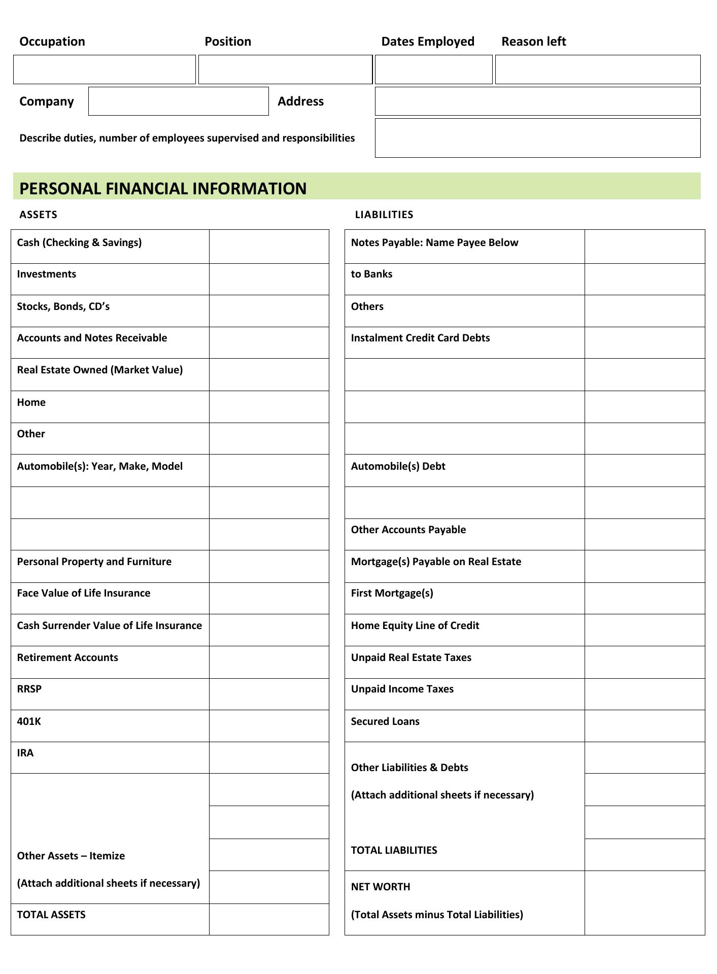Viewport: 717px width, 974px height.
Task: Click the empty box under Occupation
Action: [104, 69]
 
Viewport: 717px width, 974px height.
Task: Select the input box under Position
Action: [285, 69]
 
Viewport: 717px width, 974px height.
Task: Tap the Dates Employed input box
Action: [433, 69]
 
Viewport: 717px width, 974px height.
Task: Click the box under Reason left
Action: [597, 69]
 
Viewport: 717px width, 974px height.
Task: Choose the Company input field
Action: [178, 101]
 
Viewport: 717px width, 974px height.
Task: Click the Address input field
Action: [537, 101]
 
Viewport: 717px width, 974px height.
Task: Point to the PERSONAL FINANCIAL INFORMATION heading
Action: [163, 188]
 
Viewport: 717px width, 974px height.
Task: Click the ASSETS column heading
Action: [38, 215]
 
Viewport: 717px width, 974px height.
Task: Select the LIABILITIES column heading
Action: [384, 215]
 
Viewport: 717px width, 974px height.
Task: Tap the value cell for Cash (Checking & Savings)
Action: [269, 247]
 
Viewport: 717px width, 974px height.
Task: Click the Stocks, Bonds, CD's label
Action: [63, 306]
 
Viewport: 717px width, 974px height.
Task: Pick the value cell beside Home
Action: [269, 407]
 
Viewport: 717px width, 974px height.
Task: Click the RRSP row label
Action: [29, 689]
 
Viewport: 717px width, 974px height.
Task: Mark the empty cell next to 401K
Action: [269, 726]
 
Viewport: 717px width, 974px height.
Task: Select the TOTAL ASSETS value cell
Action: [269, 919]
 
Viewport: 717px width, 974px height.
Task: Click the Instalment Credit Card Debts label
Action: [420, 338]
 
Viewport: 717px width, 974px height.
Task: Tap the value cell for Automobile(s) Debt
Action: [644, 471]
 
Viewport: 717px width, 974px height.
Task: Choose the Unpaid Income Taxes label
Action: [402, 689]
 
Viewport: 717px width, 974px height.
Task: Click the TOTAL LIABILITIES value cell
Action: [644, 855]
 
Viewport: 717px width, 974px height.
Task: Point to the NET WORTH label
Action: [381, 887]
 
